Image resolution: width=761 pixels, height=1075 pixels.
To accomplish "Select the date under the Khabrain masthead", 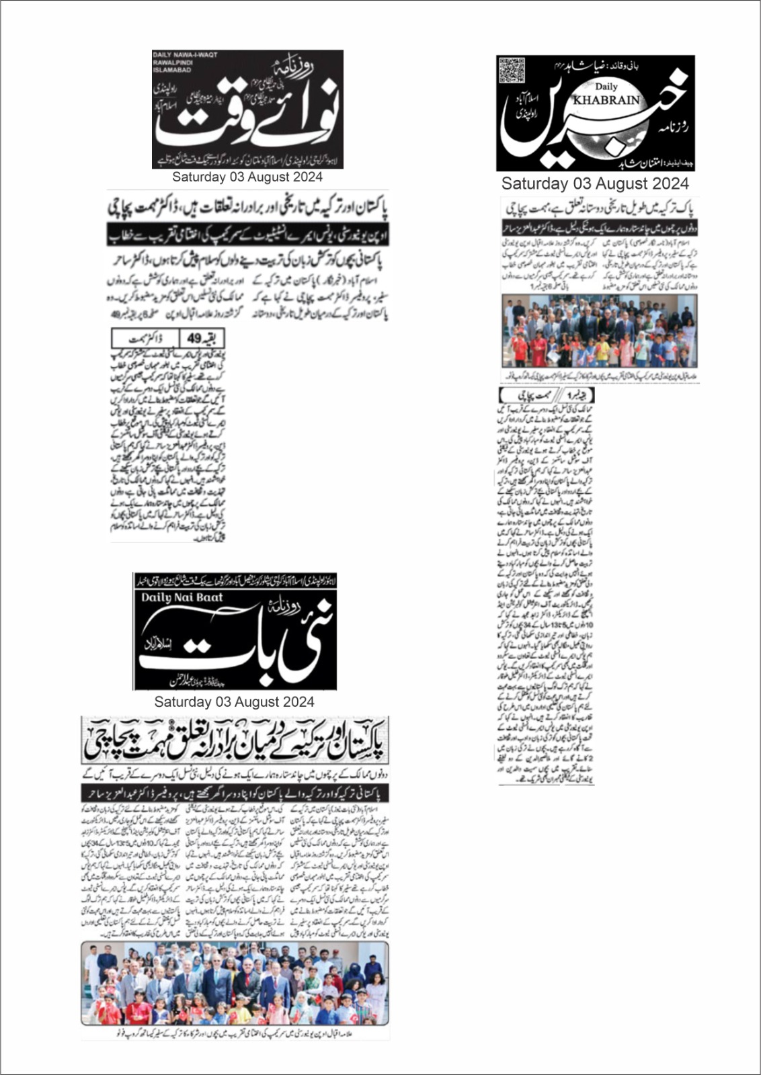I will click(x=595, y=183).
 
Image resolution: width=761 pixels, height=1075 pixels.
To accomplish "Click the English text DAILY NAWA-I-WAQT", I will click(x=185, y=55).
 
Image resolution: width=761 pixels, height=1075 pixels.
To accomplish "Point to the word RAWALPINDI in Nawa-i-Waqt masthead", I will click(x=172, y=62).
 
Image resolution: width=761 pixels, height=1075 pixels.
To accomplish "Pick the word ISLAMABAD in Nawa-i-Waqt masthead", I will click(x=172, y=69).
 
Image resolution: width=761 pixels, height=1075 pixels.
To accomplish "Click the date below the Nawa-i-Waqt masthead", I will click(x=247, y=177).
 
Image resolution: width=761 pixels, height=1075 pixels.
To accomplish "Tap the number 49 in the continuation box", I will click(x=194, y=339).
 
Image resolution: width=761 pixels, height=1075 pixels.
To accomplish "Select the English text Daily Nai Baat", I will click(x=182, y=597).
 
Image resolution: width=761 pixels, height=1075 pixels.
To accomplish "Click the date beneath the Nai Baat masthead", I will click(x=235, y=702).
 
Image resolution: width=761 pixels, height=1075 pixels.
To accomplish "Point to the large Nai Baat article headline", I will click(x=235, y=740).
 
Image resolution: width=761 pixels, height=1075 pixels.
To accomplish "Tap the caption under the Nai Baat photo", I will click(x=235, y=1033).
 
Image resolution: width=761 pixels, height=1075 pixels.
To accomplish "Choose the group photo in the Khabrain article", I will click(x=600, y=331).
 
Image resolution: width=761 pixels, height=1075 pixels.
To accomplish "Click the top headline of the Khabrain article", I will click(x=600, y=208).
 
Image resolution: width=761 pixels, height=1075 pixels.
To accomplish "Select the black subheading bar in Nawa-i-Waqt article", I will click(x=247, y=235).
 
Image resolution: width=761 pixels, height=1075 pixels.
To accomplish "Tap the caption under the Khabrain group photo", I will click(x=600, y=377).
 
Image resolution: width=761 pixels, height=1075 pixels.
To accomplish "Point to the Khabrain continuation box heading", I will click(x=547, y=395).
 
